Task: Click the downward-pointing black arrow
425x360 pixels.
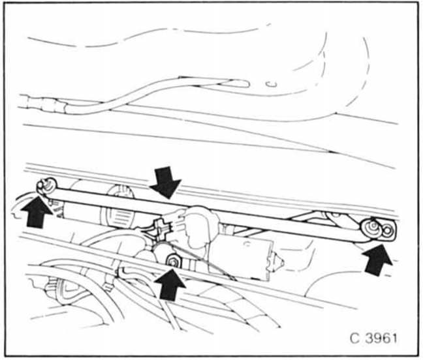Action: coord(165,182)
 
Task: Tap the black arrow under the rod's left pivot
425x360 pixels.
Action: coord(37,212)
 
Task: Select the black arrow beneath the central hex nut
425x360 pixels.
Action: coord(170,284)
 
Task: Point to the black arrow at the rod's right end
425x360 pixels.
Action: coord(377,260)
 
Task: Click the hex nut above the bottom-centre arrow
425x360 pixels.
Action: coord(172,261)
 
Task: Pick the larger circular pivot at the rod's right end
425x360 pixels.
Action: coord(371,227)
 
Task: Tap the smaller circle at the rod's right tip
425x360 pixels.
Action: coord(388,230)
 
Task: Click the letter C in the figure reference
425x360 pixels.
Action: coord(355,338)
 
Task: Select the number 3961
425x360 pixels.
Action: coord(381,338)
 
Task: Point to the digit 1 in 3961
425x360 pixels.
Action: coord(394,338)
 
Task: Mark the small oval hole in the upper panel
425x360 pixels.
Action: coord(272,84)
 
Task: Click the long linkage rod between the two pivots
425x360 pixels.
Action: coord(214,209)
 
